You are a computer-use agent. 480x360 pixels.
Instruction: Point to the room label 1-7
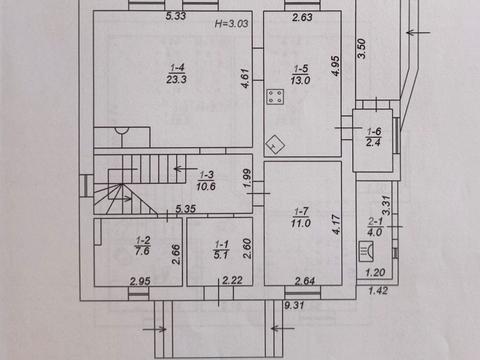pyautogui.click(x=301, y=211)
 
